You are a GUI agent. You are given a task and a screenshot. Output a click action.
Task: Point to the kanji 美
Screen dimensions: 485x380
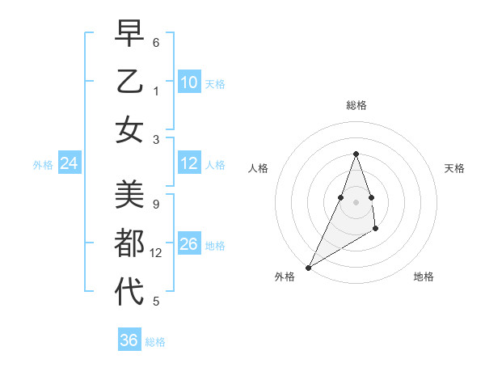point(129,194)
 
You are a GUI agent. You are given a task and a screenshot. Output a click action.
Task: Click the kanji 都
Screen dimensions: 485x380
point(129,243)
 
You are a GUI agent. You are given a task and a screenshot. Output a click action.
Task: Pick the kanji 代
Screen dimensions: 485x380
point(129,291)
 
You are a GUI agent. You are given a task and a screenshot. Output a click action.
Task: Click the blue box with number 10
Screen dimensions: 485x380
point(189,82)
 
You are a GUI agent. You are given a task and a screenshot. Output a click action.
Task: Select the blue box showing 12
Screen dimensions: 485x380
point(189,163)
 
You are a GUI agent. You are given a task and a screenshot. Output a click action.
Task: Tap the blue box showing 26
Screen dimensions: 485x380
point(189,243)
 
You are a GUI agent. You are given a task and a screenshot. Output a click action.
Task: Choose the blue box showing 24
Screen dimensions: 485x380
point(70,164)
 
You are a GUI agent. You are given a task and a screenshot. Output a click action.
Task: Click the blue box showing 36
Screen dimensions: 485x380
point(129,340)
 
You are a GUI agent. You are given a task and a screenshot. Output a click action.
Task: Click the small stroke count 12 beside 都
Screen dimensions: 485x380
point(156,253)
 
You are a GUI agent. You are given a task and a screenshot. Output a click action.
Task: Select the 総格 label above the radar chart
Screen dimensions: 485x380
point(356,105)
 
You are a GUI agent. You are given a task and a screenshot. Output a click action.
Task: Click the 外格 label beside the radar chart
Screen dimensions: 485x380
point(285,277)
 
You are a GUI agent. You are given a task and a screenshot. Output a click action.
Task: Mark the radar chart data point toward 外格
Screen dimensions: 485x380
point(308,267)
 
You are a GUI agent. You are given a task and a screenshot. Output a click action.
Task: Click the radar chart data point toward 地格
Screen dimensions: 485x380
point(376,230)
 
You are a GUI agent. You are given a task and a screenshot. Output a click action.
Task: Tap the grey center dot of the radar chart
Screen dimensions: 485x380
point(356,201)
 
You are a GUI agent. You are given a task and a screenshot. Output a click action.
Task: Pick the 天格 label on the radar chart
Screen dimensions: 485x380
point(454,168)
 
